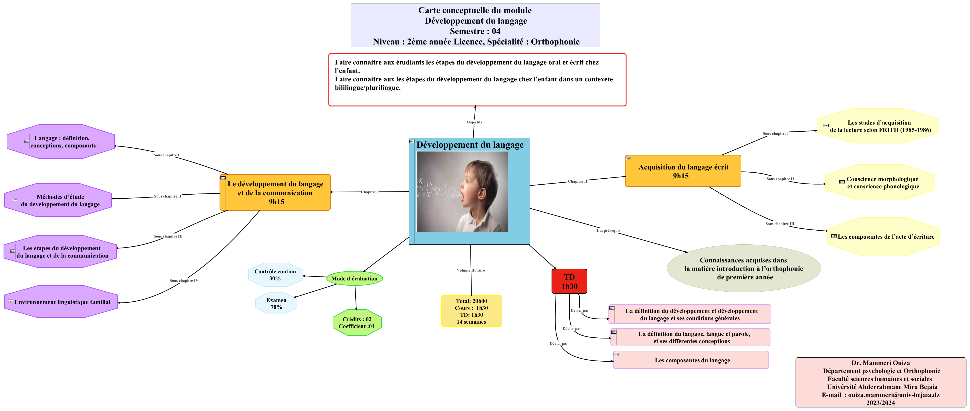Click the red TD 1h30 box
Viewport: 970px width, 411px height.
coord(569,281)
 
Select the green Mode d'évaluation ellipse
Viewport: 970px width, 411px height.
coord(354,279)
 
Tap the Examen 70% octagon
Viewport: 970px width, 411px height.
coord(276,304)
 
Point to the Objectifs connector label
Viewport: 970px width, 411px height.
coord(474,122)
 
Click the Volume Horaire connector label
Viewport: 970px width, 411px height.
coord(471,270)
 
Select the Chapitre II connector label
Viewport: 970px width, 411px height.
coord(577,181)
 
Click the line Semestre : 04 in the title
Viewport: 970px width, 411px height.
coord(475,31)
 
